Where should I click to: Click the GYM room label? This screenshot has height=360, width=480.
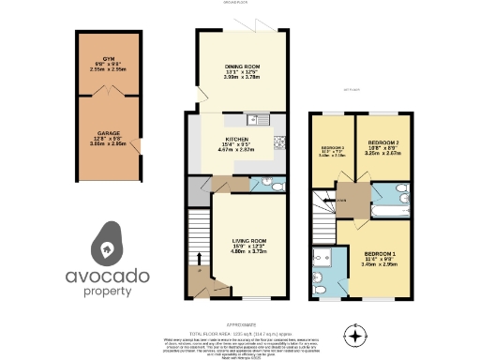coord(110,59)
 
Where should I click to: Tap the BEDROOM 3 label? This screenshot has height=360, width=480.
coord(333,148)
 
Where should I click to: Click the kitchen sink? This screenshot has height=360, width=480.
coord(252,119)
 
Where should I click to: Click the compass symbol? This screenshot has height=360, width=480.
coord(353,334)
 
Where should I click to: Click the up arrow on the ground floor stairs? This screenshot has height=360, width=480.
coord(199,256)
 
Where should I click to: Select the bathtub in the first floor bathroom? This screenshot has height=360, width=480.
coord(385,211)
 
